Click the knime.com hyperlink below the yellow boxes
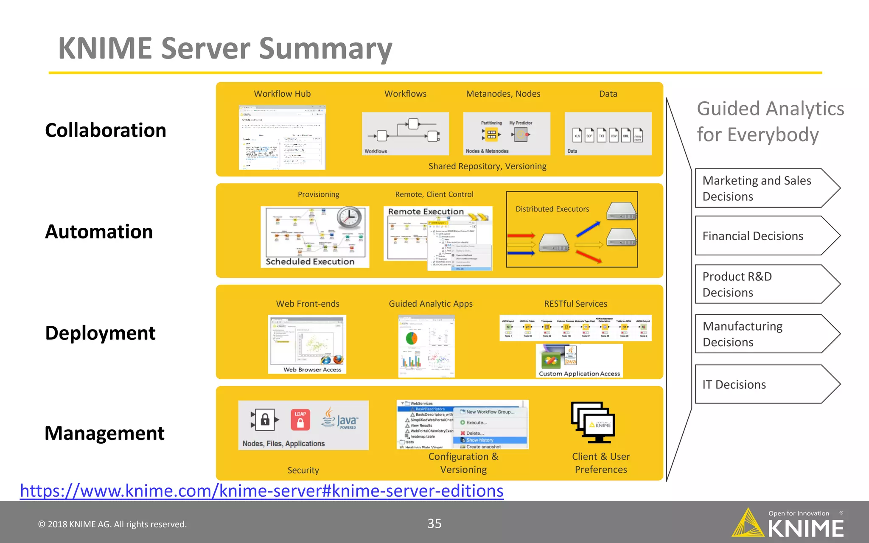pyautogui.click(x=261, y=491)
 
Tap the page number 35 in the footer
pyautogui.click(x=434, y=523)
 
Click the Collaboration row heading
pyautogui.click(x=105, y=130)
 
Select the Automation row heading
pyautogui.click(x=99, y=232)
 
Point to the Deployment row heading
pyautogui.click(x=100, y=333)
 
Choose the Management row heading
pyautogui.click(x=104, y=433)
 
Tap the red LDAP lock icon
pyautogui.click(x=300, y=420)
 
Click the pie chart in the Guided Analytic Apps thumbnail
pyautogui.click(x=412, y=338)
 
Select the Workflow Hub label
pyautogui.click(x=282, y=94)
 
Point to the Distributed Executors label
pyautogui.click(x=552, y=209)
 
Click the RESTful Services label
pyautogui.click(x=575, y=304)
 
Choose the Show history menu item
pyautogui.click(x=479, y=440)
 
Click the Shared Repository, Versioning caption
pyautogui.click(x=487, y=166)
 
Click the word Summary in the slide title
pyautogui.click(x=325, y=49)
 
